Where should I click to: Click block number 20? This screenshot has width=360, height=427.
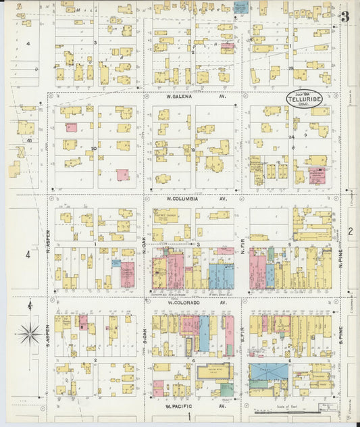[x=94, y=148]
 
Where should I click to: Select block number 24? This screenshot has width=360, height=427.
[x=292, y=137]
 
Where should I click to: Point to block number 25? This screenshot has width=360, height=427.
[x=291, y=68]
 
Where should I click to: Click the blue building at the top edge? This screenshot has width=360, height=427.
[x=240, y=7]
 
